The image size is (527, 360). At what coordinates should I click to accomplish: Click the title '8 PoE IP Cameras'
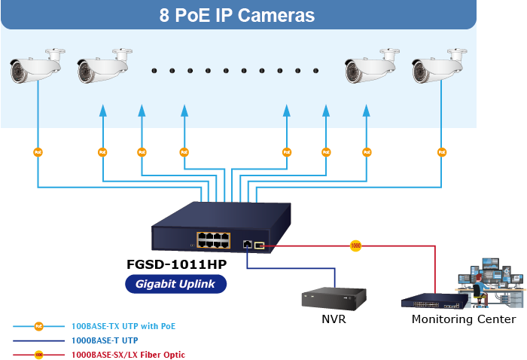(x=236, y=15)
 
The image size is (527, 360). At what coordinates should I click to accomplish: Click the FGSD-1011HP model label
(x=176, y=265)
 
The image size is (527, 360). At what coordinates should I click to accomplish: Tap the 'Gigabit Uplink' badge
(x=176, y=284)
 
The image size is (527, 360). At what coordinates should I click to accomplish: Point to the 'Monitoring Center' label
(x=464, y=319)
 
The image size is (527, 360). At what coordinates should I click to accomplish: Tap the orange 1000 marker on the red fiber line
(x=355, y=246)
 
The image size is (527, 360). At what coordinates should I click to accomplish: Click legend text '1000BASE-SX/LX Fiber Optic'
(x=128, y=354)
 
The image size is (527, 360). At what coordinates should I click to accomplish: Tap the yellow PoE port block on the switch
(x=213, y=241)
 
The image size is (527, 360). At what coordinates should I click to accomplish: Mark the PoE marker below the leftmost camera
(x=38, y=152)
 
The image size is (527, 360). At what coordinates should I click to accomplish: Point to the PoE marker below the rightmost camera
(x=441, y=152)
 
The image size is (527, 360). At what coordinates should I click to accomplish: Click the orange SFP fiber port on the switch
(x=259, y=245)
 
